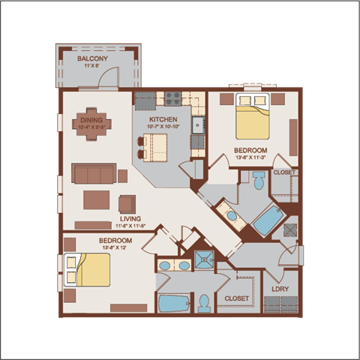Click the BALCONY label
click(93, 58)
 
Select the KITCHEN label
click(163, 119)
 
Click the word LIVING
click(131, 220)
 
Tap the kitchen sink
click(199, 125)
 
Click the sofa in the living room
click(93, 174)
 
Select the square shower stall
click(204, 259)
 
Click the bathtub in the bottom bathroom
click(174, 304)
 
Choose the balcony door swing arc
click(109, 76)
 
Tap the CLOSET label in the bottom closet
click(236, 298)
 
